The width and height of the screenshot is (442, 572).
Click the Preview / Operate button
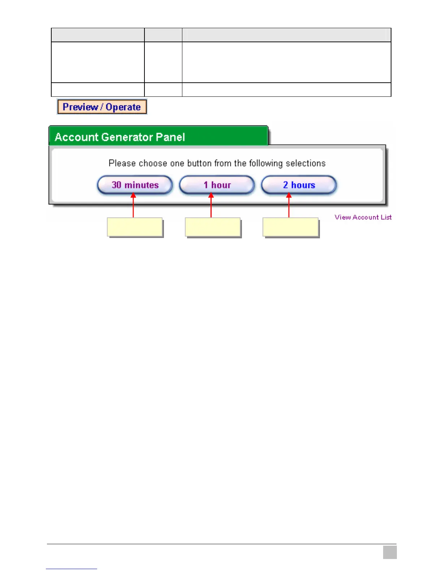[x=102, y=107]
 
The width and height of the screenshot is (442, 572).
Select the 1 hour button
[x=217, y=185]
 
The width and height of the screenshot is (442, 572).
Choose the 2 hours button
[x=299, y=185]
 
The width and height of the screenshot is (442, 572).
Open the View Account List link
[x=363, y=217]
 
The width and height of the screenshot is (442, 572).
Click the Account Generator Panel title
[x=120, y=137]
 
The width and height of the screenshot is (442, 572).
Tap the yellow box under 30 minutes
[x=135, y=227]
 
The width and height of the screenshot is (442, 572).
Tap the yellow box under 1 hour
[x=213, y=227]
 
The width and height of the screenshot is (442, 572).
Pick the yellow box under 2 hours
[x=290, y=227]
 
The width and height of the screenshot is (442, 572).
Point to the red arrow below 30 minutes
[x=133, y=206]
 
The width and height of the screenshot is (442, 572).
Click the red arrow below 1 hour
[x=211, y=206]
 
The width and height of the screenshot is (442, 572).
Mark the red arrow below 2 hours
[x=289, y=206]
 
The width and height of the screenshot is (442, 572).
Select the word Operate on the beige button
[x=123, y=107]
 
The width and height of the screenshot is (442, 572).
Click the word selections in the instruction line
[x=305, y=163]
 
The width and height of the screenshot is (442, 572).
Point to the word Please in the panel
[x=122, y=163]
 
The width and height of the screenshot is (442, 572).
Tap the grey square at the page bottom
[x=390, y=552]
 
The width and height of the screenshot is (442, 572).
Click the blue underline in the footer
[x=71, y=569]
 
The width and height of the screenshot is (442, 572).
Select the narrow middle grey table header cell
[x=163, y=35]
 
